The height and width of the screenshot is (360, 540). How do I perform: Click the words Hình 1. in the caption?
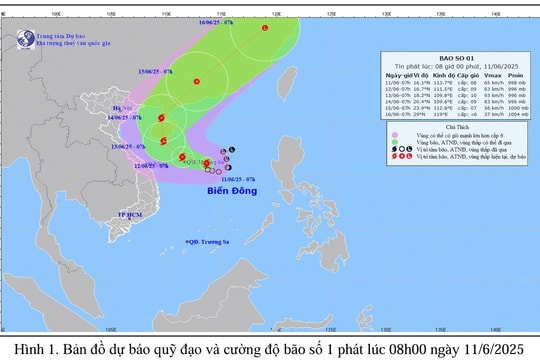pyautogui.click(x=31, y=348)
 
